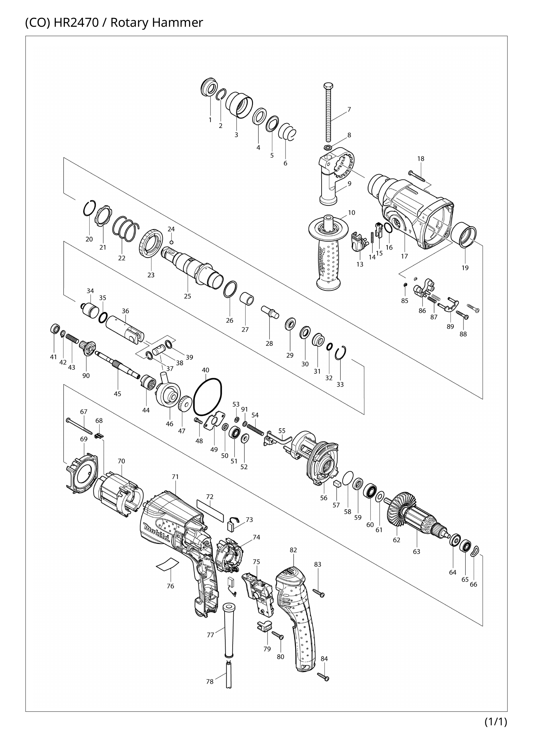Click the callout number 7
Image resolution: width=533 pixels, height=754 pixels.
coord(349,110)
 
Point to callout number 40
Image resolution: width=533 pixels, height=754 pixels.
coord(206,370)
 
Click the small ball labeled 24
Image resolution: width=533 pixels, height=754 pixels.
coord(171,242)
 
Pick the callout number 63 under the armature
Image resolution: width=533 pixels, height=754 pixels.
coord(416,551)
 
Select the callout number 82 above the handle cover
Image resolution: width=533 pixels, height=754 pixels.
coord(294,550)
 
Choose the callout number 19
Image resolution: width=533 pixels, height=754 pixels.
coord(465,268)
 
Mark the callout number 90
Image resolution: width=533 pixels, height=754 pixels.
coord(86,376)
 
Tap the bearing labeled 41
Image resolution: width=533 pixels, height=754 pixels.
coord(55,328)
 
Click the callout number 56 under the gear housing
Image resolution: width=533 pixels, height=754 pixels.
coord(324,498)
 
